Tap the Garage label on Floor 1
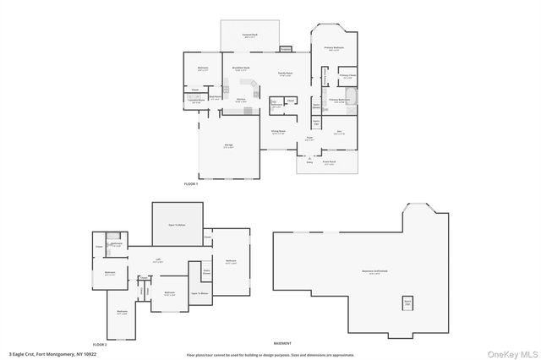point(228,146)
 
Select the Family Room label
point(273,74)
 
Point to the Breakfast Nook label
point(239,68)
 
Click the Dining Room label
point(277,131)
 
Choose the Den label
point(339,131)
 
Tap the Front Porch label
point(327,162)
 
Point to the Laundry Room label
point(195,101)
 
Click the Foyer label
point(310,139)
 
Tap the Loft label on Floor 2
point(157,260)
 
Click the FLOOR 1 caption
point(190,183)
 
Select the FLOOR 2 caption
point(100,345)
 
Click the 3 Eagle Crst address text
point(46,353)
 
